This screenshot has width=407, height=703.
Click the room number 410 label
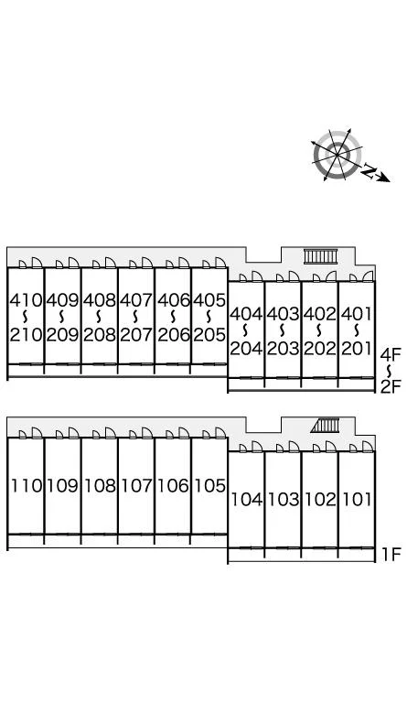26,300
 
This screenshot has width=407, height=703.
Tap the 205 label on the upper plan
209,334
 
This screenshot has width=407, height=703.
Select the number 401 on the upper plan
357,314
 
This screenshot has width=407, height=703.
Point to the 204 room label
246,349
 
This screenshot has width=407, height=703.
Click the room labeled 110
27,485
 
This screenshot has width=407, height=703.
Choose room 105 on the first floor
209,485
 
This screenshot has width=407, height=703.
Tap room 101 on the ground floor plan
357,499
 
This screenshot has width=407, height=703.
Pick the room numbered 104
246,499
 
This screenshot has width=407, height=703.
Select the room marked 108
100,485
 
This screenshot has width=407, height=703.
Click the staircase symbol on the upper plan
321,256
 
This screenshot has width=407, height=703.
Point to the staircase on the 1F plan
325,426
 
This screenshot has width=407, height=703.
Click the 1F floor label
391,555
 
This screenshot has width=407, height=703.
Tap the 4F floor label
391,355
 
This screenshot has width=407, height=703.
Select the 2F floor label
391,386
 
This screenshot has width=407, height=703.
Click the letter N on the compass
369,171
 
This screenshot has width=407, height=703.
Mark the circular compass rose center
337,155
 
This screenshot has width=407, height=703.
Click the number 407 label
136,300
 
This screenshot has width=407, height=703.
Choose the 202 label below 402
320,349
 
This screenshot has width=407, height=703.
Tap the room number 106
173,485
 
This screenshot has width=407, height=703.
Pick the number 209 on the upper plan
63,334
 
